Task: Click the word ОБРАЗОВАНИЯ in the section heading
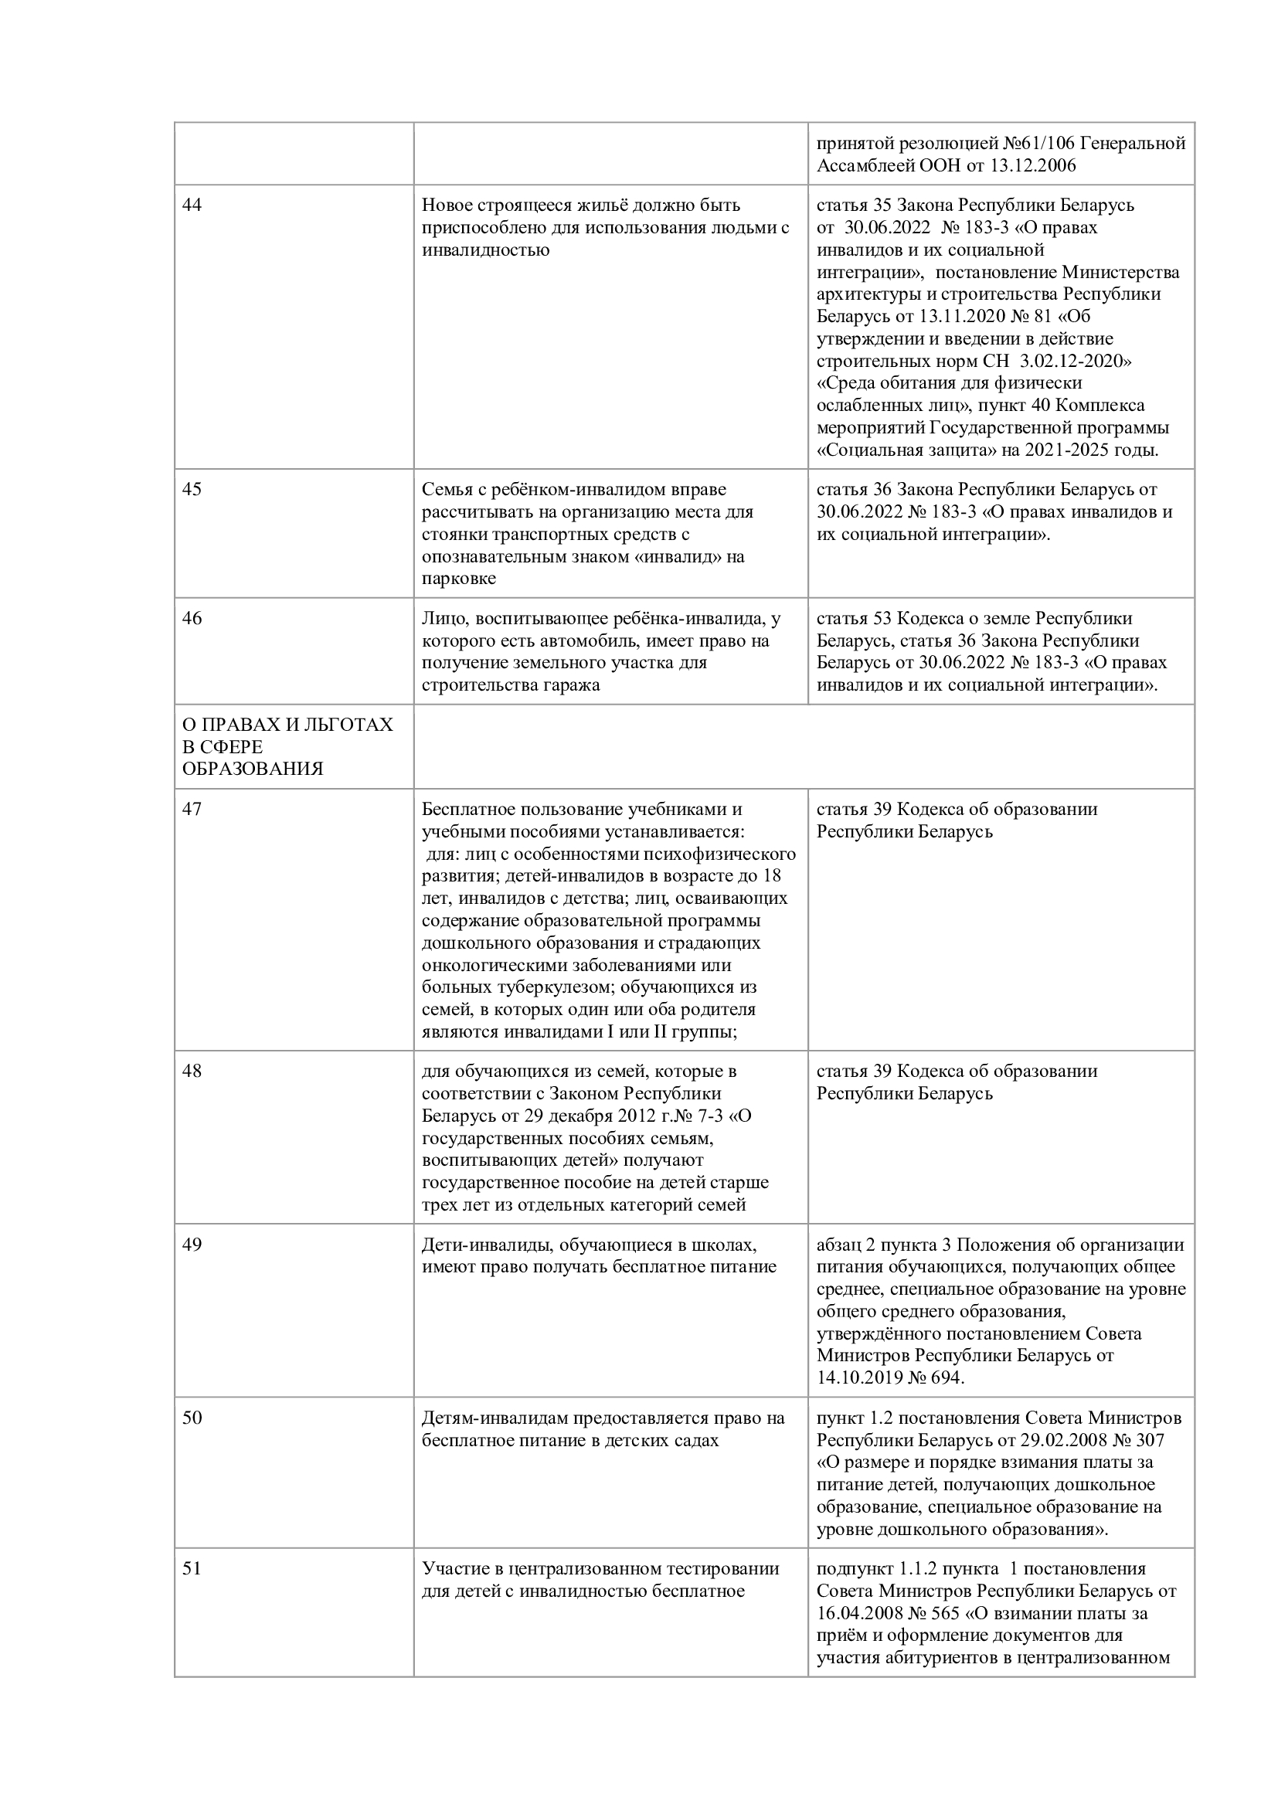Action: pyautogui.click(x=253, y=769)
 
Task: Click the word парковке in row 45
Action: pyautogui.click(x=459, y=579)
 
